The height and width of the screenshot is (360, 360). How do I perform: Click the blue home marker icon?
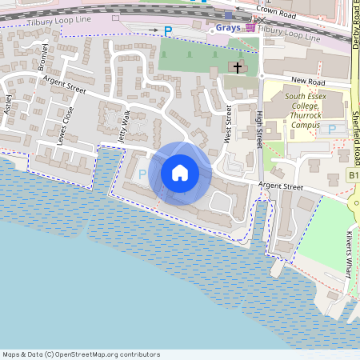[180, 173]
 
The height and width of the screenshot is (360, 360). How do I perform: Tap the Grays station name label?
[228, 27]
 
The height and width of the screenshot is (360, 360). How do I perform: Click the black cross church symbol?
[238, 68]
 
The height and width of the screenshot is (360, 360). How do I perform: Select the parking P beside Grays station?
[168, 30]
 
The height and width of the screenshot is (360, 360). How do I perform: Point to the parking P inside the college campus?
[332, 129]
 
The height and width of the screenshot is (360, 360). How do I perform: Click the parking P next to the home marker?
[143, 174]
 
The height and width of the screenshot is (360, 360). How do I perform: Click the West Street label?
[228, 124]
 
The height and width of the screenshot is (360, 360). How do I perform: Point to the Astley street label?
[10, 104]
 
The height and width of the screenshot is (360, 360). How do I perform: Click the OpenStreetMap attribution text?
[82, 354]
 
